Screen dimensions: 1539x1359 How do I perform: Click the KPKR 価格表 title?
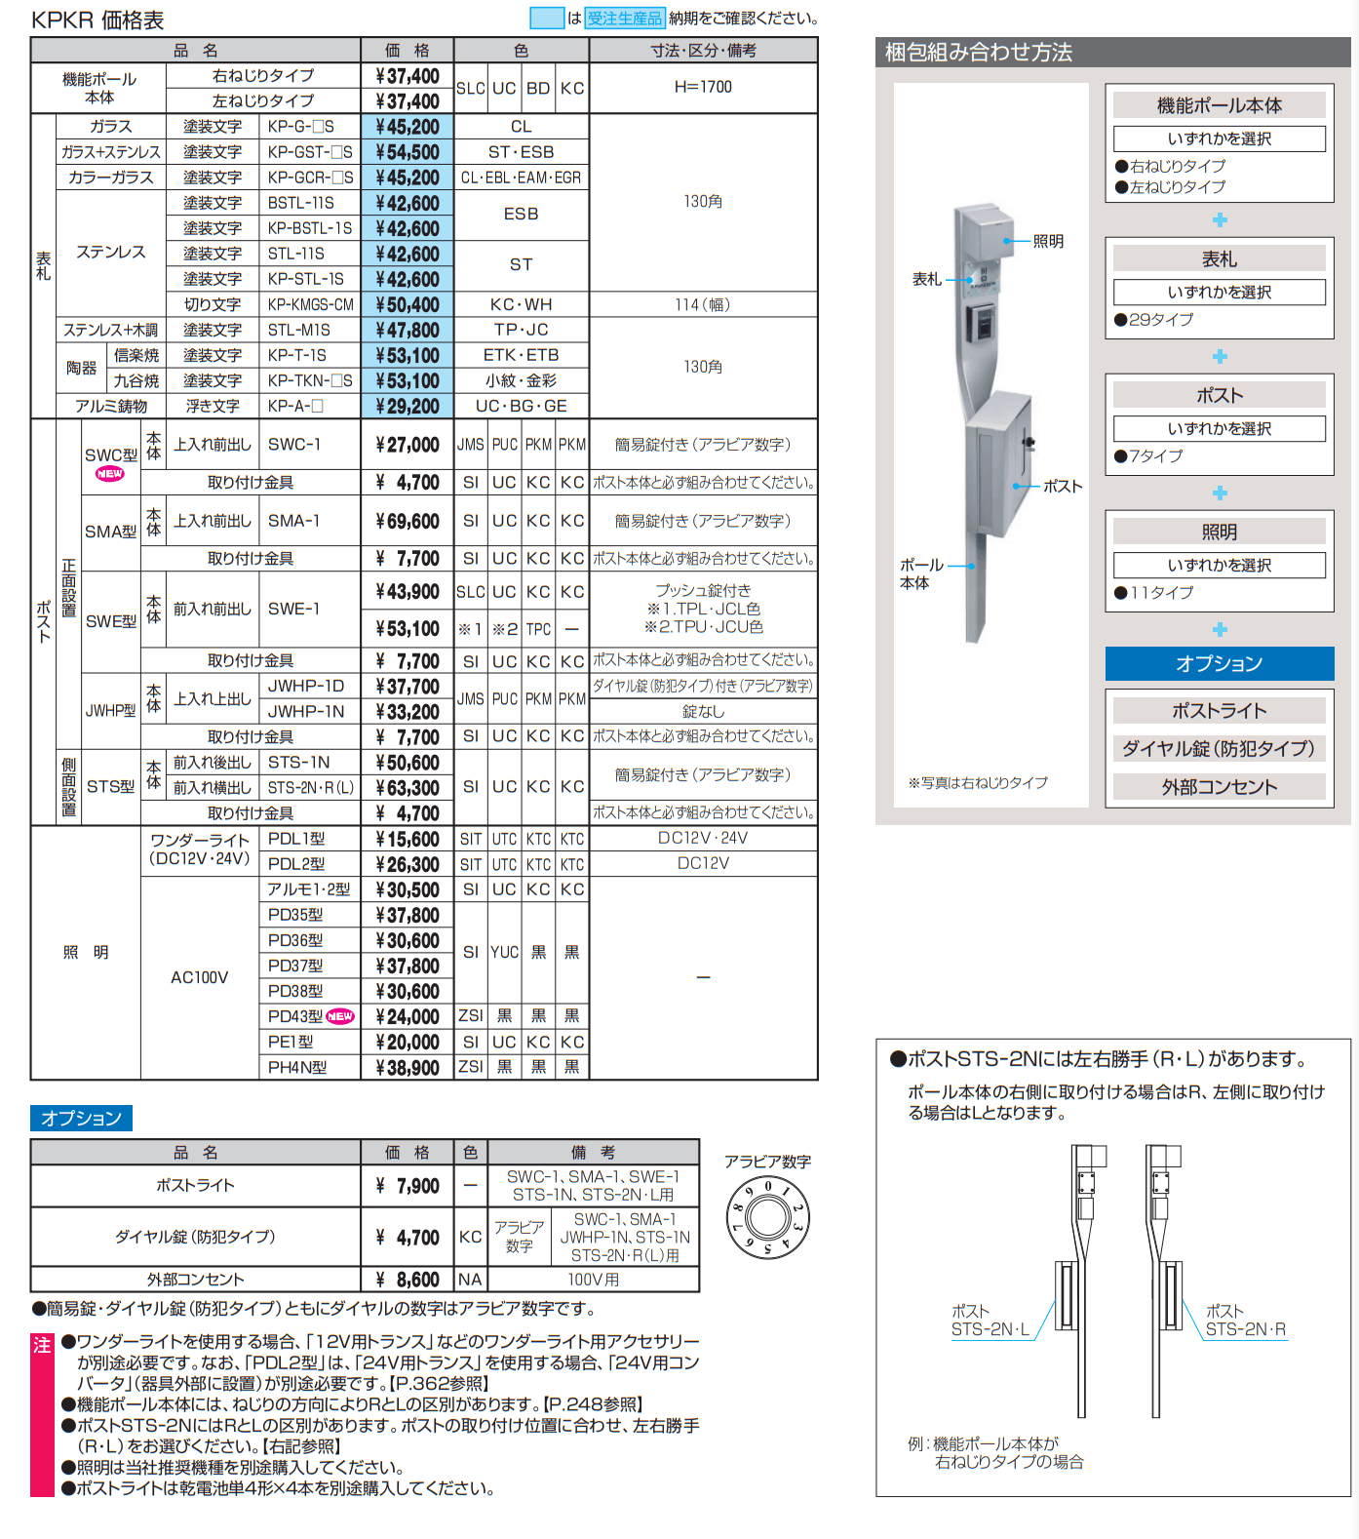[97, 20]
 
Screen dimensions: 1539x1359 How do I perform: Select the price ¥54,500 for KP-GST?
[408, 152]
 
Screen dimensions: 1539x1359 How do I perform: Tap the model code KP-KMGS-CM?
[310, 304]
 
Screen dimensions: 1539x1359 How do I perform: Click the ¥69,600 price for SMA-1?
[408, 521]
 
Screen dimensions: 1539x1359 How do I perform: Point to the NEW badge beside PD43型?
[340, 1016]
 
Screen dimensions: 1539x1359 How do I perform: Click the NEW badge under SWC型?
[109, 474]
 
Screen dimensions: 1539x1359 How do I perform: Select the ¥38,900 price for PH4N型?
[408, 1068]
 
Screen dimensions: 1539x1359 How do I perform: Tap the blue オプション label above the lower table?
[81, 1118]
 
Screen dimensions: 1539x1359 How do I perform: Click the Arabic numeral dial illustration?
[768, 1218]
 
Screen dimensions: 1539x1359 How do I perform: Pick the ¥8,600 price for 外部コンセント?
[408, 1280]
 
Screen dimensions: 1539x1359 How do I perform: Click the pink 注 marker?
[42, 1345]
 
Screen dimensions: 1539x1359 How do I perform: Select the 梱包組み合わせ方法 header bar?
[1112, 53]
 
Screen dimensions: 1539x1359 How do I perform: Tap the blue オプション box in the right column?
[1219, 663]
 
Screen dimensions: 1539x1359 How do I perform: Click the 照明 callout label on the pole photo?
[1048, 241]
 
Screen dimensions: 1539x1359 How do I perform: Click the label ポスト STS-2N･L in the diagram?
[990, 1321]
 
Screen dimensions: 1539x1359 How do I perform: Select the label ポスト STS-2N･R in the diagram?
[1245, 1321]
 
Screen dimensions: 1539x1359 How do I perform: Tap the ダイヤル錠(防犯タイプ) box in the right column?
[1219, 748]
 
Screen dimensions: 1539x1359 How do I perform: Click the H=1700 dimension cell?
[703, 87]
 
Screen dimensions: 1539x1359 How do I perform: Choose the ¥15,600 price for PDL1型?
[408, 839]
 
